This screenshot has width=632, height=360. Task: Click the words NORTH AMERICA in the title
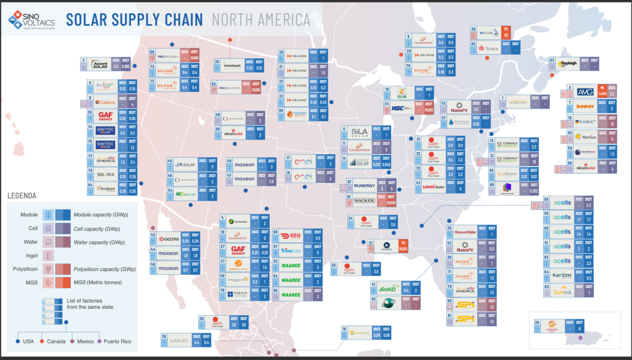point(260,20)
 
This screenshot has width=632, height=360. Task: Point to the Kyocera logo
point(168,238)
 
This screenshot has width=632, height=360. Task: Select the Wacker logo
point(364,200)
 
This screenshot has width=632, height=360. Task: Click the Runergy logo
point(364,185)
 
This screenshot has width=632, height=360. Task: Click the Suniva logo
point(564,292)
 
